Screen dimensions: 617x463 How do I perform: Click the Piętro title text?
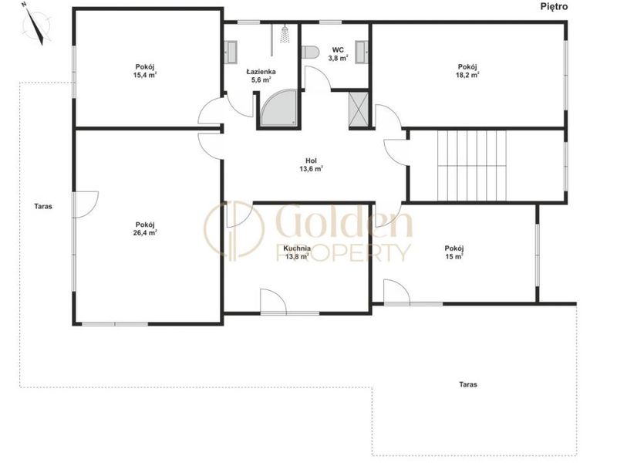pyautogui.click(x=554, y=7)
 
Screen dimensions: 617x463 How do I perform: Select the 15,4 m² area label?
pyautogui.click(x=145, y=75)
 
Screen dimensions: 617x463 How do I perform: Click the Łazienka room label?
pyautogui.click(x=261, y=72)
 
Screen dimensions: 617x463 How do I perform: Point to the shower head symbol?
pyautogui.click(x=285, y=34)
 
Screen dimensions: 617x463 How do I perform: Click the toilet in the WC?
pyautogui.click(x=310, y=52)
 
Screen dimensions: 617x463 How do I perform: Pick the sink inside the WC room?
pyautogui.click(x=362, y=52)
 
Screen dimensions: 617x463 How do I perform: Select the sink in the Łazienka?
pyautogui.click(x=231, y=52)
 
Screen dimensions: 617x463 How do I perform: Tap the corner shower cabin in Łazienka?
pyautogui.click(x=279, y=108)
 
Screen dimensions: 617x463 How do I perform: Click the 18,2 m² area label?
pyautogui.click(x=467, y=75)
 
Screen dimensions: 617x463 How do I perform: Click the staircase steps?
pyautogui.click(x=472, y=165)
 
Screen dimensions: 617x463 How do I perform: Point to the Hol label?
pyautogui.click(x=311, y=161)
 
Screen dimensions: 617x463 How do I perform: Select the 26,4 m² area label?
pyautogui.click(x=145, y=232)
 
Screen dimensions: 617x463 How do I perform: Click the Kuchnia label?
pyautogui.click(x=297, y=248)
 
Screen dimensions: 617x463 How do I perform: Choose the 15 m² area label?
pyautogui.click(x=454, y=256)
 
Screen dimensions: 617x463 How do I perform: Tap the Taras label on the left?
pyautogui.click(x=43, y=206)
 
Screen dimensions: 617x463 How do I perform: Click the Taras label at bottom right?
pyautogui.click(x=468, y=384)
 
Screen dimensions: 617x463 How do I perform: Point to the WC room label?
pyautogui.click(x=338, y=50)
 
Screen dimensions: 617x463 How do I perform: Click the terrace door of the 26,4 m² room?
pyautogui.click(x=85, y=204)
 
